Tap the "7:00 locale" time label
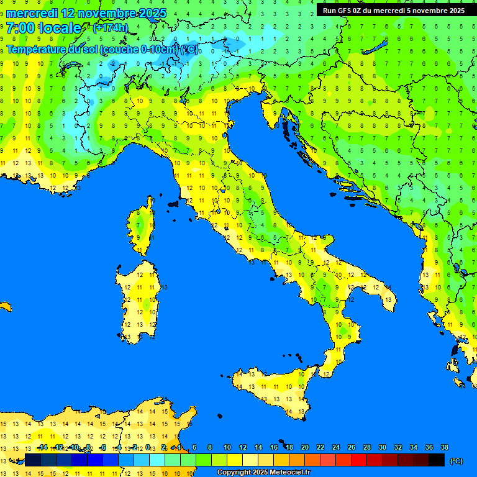43,28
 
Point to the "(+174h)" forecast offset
110,28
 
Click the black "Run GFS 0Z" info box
394,10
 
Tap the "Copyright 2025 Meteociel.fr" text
263,473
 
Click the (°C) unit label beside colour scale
456,461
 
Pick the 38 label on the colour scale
444,448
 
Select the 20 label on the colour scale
304,448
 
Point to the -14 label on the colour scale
42,448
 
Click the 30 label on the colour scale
382,448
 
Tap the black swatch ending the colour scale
437,460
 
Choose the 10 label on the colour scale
227,448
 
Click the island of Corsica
142,227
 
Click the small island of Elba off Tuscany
173,203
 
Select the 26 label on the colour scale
351,448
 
